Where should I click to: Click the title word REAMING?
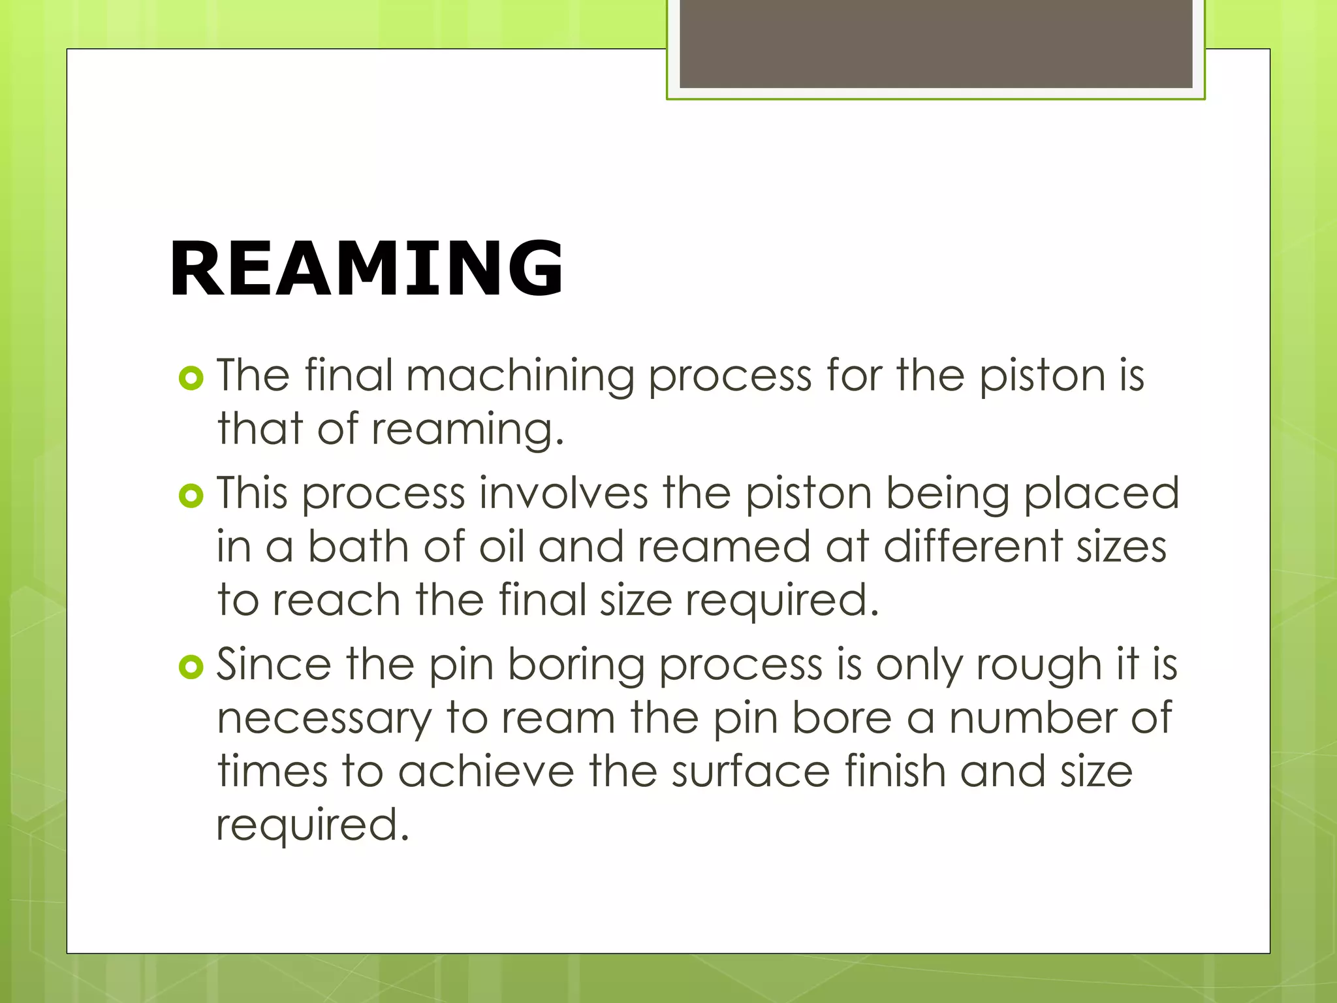tap(366, 268)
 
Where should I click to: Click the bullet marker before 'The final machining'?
tap(191, 378)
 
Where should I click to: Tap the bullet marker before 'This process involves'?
tap(191, 496)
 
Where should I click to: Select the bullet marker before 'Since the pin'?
tap(191, 667)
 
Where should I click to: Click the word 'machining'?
tap(520, 377)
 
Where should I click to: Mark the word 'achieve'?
tap(486, 772)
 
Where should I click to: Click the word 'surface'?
tap(751, 772)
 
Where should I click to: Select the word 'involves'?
tap(564, 494)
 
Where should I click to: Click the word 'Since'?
tap(274, 665)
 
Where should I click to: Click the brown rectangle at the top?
tap(936, 43)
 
